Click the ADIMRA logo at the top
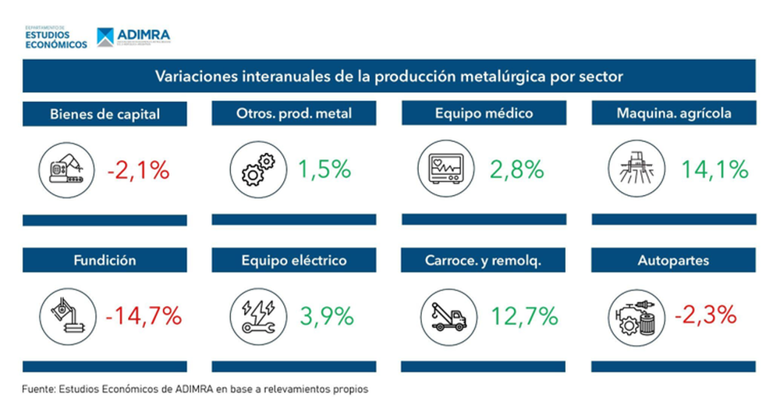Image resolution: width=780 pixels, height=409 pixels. coord(133,37)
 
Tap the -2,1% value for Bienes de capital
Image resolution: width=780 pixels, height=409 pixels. coord(138,169)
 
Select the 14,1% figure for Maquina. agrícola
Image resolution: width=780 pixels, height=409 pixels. coord(714,169)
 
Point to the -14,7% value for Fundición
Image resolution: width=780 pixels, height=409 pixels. coord(144,316)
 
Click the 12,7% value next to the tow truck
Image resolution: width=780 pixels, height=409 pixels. coord(524,316)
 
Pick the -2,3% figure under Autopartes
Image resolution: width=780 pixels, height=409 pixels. coord(705,316)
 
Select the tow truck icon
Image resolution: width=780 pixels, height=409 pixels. coord(443,317)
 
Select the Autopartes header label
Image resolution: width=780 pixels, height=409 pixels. coord(673,261)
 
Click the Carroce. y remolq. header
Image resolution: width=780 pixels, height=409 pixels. coord(484,261)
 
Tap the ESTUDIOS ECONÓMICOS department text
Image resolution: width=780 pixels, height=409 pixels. coord(56,39)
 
